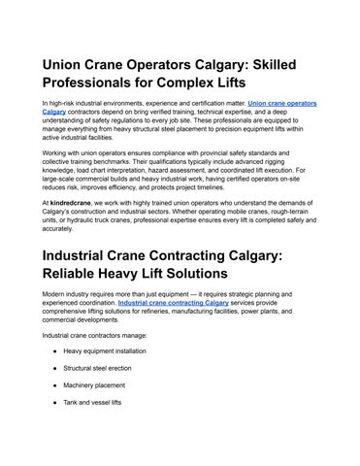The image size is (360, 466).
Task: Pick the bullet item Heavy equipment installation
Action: pos(104,350)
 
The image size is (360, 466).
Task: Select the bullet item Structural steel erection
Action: pos(99,368)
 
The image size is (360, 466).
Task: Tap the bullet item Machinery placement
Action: pos(96,385)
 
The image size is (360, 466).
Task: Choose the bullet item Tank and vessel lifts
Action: pos(92,403)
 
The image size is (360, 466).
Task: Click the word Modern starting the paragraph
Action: pos(53,294)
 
